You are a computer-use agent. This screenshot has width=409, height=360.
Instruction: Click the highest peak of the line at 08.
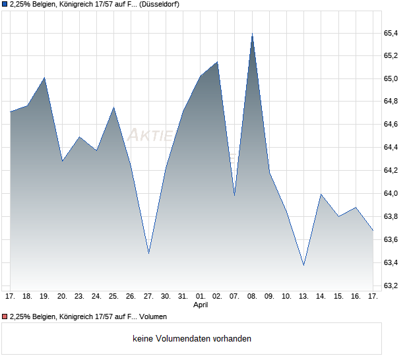tap(252, 34)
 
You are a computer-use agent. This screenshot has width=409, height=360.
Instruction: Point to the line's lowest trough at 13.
tap(303, 265)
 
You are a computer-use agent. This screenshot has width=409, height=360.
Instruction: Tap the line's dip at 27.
tap(148, 253)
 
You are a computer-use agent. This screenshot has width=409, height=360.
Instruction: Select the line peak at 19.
tap(44, 78)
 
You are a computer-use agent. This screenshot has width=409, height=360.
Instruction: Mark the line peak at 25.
tap(113, 107)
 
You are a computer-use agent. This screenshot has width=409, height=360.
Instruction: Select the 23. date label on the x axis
tap(79, 297)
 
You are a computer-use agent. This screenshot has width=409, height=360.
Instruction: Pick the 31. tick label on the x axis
tap(183, 297)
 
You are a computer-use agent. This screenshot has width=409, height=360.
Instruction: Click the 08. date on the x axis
tap(252, 297)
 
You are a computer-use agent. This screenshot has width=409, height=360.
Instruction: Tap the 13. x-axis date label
tap(303, 297)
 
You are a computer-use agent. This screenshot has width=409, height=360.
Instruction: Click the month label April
tap(201, 305)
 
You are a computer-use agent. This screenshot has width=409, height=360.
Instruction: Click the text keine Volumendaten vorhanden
tap(192, 339)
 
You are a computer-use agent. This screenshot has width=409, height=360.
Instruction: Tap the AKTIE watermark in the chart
tap(150, 136)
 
